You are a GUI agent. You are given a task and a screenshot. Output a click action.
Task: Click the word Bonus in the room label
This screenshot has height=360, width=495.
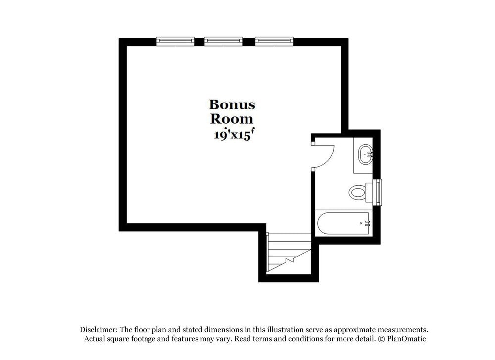click(232, 104)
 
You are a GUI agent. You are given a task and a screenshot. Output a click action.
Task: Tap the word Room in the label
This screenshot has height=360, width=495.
click(232, 119)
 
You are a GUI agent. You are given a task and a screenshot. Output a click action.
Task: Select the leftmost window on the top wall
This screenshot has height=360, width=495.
click(175, 41)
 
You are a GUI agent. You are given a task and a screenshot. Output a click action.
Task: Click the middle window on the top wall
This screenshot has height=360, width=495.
click(223, 41)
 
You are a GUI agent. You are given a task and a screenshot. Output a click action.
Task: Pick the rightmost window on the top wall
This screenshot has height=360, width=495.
click(274, 41)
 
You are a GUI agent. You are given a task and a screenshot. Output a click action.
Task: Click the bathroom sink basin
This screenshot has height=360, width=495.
click(366, 154)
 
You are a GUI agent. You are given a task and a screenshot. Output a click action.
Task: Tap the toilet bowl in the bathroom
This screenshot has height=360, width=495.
click(357, 192)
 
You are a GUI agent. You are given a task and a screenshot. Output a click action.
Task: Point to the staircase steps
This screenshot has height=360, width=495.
click(289, 253)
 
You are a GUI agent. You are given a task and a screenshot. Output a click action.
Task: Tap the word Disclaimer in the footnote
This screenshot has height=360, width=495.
click(99, 330)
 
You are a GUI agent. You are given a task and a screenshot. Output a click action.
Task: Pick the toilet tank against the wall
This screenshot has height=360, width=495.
click(369, 192)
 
